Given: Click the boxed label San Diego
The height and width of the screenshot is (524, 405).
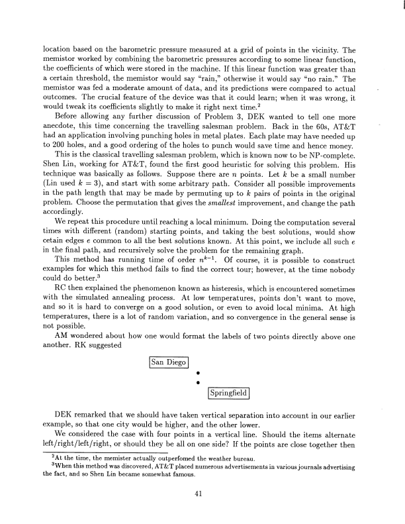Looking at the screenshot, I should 169,362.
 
